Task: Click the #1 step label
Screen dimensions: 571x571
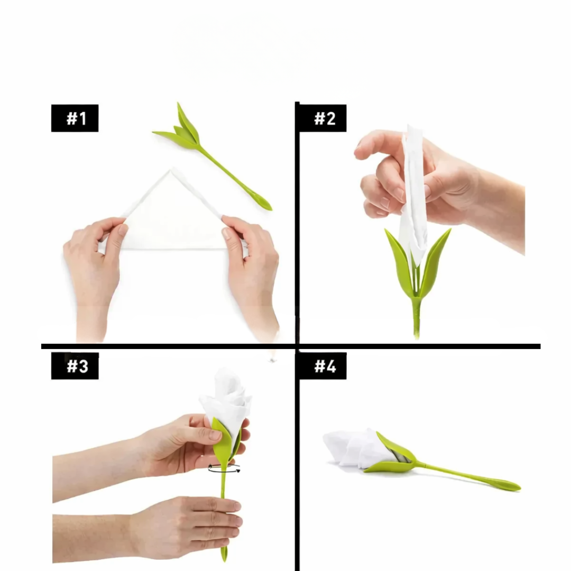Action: pos(75,118)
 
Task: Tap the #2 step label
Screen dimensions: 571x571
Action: pos(323,118)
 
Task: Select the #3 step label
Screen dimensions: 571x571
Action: pos(75,366)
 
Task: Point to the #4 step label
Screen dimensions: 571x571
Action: pos(323,366)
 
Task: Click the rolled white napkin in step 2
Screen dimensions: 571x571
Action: pos(413,197)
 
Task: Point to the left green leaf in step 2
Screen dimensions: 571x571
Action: pos(400,260)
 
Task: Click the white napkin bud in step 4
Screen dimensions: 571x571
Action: pos(357,448)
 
